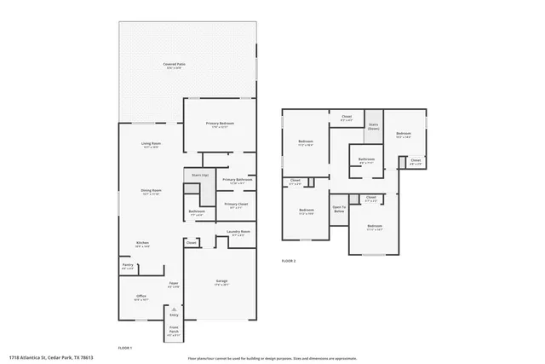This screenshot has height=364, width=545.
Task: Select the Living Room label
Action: click(152, 144)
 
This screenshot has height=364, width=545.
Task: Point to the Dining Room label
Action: click(152, 191)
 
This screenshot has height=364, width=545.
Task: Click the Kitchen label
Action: click(143, 243)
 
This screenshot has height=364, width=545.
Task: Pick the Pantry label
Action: click(128, 266)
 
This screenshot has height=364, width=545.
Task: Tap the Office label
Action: click(141, 297)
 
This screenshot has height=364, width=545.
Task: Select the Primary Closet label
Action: click(236, 205)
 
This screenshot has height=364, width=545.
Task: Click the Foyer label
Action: click(172, 284)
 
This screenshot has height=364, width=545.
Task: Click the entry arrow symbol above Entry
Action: click(174, 309)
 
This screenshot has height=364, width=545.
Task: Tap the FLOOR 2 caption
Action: click(288, 260)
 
